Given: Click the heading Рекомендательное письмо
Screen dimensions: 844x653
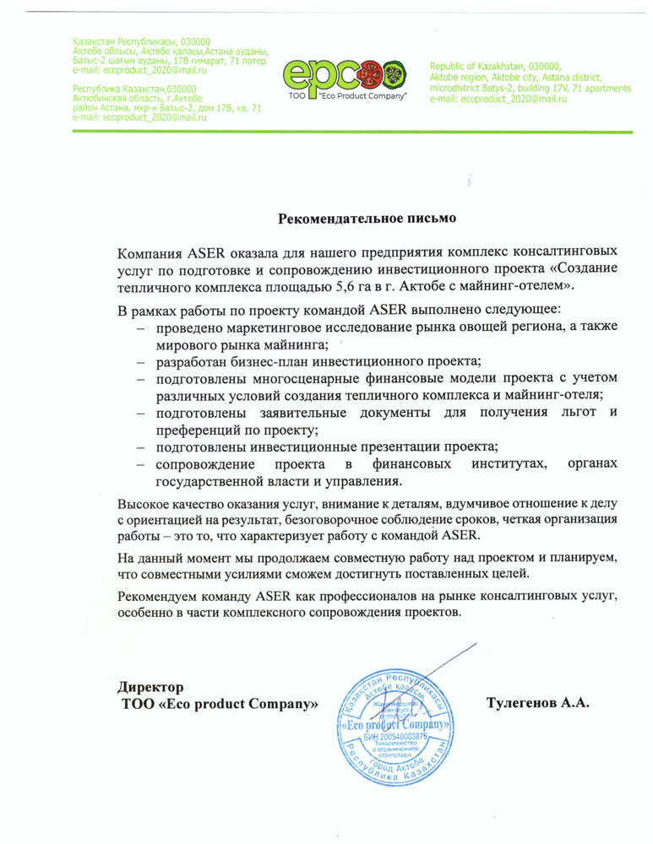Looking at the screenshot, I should click(367, 219).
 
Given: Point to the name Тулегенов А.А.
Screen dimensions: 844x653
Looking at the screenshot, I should click(537, 701).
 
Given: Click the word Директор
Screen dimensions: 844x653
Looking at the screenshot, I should click(150, 685).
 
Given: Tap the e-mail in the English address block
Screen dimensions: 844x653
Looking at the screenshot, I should click(498, 99).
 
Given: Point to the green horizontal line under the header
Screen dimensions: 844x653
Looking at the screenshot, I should click(325, 132).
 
